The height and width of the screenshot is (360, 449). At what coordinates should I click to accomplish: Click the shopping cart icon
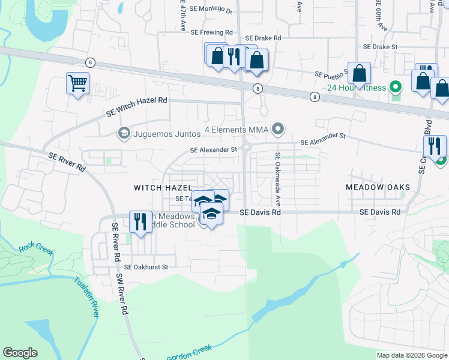pyautogui.click(x=77, y=83)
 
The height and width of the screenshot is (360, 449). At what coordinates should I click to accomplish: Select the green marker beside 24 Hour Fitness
pyautogui.click(x=395, y=88)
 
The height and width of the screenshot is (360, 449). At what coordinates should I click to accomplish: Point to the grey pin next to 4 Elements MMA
pyautogui.click(x=277, y=129)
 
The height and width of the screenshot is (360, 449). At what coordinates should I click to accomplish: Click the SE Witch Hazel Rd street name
pyautogui.click(x=136, y=106)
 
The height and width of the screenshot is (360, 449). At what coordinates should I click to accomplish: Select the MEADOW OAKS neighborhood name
pyautogui.click(x=378, y=187)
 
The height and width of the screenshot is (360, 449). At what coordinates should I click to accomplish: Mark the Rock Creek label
pyautogui.click(x=36, y=247)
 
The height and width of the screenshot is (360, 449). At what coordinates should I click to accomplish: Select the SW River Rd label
pyautogui.click(x=123, y=295)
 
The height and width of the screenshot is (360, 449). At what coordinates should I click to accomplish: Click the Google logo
pyautogui.click(x=20, y=353)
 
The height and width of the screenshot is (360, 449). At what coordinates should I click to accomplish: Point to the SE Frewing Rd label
pyautogui.click(x=211, y=32)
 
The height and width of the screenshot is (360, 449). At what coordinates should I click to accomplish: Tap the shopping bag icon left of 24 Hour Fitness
pyautogui.click(x=358, y=74)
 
